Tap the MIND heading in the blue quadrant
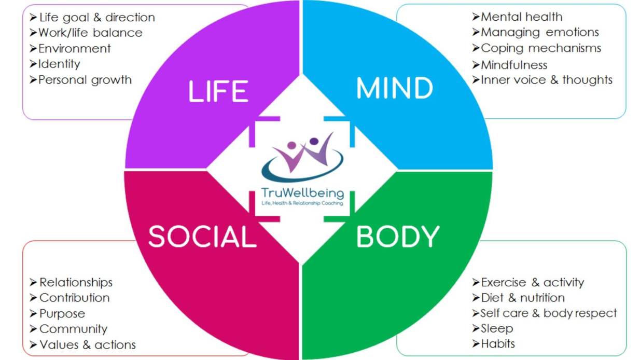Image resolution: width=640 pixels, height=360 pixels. [x=395, y=89]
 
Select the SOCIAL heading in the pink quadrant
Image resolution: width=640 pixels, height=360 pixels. [x=202, y=237]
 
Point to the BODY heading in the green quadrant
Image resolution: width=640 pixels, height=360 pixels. [x=398, y=237]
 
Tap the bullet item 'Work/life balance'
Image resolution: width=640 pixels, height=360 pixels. [x=90, y=33]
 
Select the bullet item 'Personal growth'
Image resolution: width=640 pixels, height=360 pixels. [x=85, y=80]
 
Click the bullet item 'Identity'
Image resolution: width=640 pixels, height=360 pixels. [x=59, y=64]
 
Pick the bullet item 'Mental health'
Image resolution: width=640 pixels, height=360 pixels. [x=521, y=17]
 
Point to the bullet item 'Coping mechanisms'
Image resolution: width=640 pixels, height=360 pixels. [x=541, y=48]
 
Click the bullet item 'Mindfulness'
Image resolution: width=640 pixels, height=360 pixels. [x=514, y=65]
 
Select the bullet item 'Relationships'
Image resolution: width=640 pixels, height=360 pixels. [x=76, y=283]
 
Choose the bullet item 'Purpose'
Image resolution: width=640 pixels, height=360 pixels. [x=62, y=314]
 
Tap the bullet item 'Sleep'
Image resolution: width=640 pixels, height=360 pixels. [x=497, y=328]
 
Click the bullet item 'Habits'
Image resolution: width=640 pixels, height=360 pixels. [x=498, y=343]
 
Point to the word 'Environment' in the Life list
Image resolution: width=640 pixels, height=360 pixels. [x=75, y=49]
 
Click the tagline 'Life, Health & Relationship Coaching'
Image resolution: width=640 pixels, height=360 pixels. [x=303, y=204]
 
